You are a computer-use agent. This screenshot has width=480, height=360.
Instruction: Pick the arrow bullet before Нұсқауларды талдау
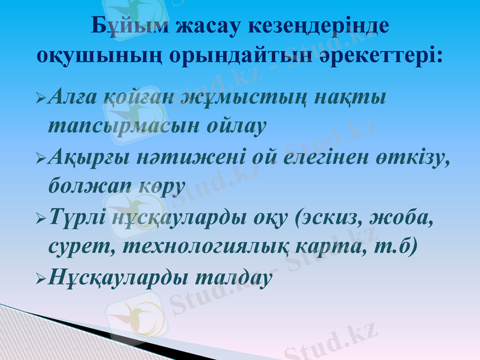40,278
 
